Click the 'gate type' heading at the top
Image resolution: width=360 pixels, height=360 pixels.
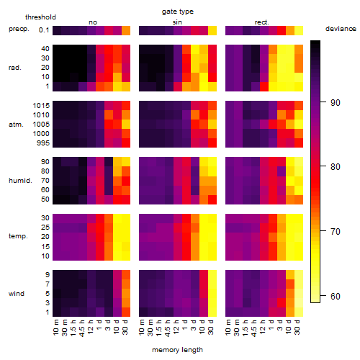pyautogui.click(x=178, y=12)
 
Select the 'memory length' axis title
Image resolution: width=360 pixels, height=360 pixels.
pyautogui.click(x=177, y=350)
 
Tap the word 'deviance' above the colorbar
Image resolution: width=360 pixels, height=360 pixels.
pyautogui.click(x=341, y=29)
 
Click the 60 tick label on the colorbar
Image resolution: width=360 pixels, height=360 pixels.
pyautogui.click(x=335, y=297)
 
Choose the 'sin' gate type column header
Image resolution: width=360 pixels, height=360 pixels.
pyautogui.click(x=177, y=22)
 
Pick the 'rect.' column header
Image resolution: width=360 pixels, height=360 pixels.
pyautogui.click(x=261, y=22)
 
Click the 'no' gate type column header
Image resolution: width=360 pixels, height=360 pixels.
pyautogui.click(x=93, y=22)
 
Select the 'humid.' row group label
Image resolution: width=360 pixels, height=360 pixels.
pyautogui.click(x=20, y=181)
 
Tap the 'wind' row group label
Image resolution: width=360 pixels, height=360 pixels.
pyautogui.click(x=17, y=294)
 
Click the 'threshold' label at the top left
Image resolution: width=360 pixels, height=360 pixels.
pyautogui.click(x=40, y=17)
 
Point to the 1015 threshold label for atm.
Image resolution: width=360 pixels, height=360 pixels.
pyautogui.click(x=41, y=106)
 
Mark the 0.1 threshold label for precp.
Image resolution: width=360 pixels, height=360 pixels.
pyautogui.click(x=44, y=30)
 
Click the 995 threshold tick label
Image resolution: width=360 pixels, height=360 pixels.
pyautogui.click(x=43, y=143)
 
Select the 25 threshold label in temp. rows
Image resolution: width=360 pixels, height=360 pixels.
pyautogui.click(x=45, y=228)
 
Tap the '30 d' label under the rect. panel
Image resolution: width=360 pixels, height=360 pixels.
pyautogui.click(x=297, y=327)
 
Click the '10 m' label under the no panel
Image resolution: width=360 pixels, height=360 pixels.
pyautogui.click(x=55, y=328)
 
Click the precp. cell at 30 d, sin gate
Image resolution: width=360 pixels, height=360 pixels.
pyautogui.click(x=212, y=30)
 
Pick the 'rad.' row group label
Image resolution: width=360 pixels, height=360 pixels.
pyautogui.click(x=15, y=68)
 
